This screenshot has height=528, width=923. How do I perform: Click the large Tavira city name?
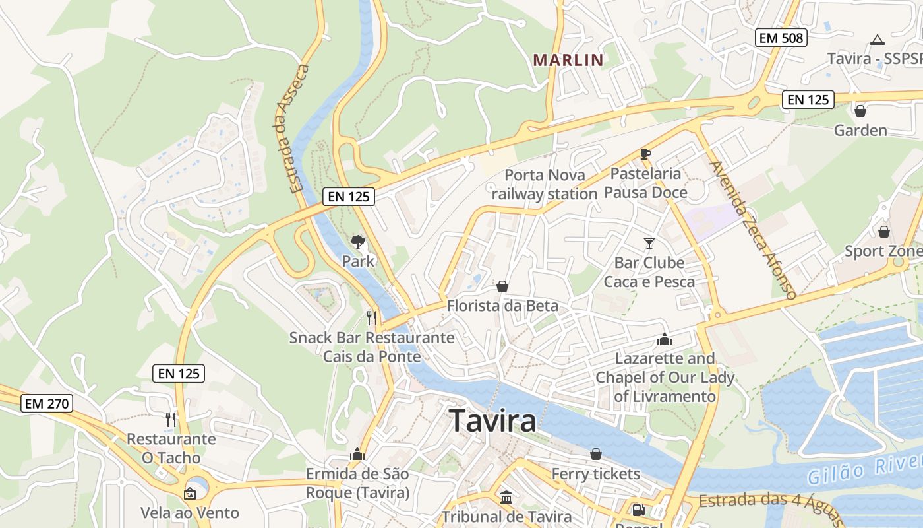[x=492, y=420]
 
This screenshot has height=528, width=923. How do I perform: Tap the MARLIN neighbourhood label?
[x=568, y=60]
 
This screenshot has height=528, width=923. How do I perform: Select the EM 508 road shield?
[x=781, y=38]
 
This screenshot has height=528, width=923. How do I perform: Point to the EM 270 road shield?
[x=46, y=403]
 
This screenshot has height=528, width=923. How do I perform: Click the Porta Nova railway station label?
[x=544, y=184]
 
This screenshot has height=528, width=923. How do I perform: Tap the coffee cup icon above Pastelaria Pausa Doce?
[x=645, y=154]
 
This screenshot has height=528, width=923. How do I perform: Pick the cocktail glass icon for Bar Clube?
[x=649, y=243]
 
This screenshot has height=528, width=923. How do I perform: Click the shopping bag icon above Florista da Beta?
[x=502, y=286]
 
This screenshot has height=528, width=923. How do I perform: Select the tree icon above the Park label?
[x=358, y=242]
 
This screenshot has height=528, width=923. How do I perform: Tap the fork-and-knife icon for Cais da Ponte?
[x=372, y=318]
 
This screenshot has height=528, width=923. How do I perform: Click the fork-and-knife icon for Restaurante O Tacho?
[x=171, y=419]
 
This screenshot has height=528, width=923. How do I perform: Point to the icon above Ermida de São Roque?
[x=357, y=454]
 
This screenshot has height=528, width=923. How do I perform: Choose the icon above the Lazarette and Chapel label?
[x=664, y=339]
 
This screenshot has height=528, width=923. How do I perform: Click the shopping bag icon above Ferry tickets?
[x=596, y=454]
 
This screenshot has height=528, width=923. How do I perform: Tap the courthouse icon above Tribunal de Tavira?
[x=506, y=497]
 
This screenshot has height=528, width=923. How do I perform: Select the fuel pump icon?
[x=638, y=510]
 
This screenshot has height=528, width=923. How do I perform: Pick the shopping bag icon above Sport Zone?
[x=884, y=232]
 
